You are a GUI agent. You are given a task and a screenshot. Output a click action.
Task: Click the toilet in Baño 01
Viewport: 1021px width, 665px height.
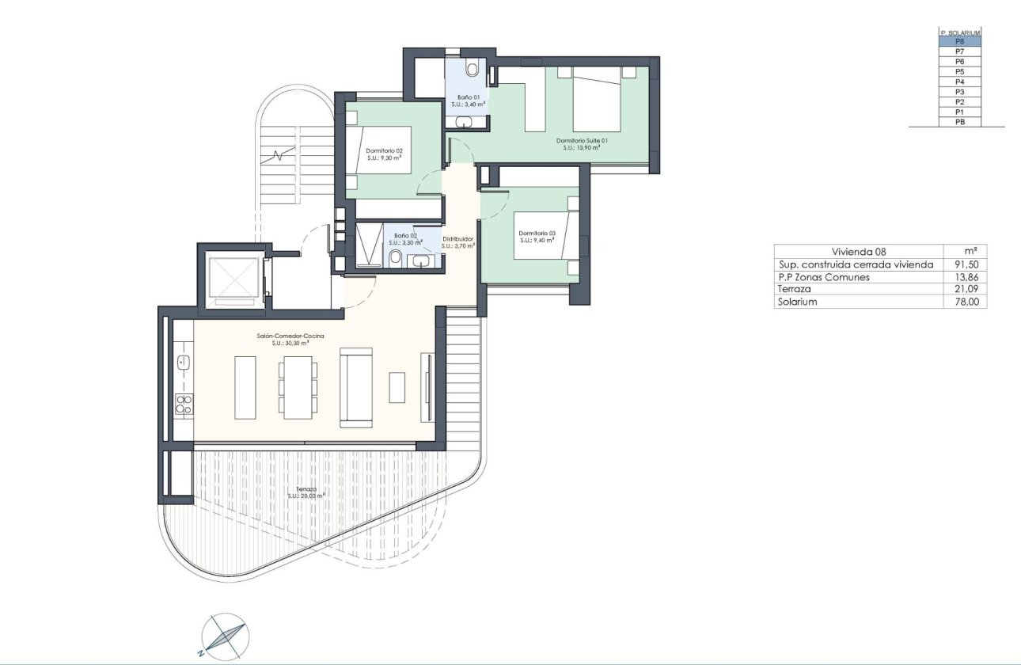(x=473, y=70)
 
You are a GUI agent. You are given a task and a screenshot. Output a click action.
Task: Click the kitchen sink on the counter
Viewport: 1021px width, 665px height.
(x=184, y=363)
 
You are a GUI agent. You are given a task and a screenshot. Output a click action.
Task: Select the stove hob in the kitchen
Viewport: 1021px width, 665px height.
(x=183, y=404)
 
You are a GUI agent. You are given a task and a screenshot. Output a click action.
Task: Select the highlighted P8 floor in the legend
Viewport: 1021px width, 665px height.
(x=959, y=41)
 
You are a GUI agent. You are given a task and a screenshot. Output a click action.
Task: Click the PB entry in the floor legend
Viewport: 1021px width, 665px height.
(x=959, y=122)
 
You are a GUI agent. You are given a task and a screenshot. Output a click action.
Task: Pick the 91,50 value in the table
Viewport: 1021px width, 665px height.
(x=966, y=264)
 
